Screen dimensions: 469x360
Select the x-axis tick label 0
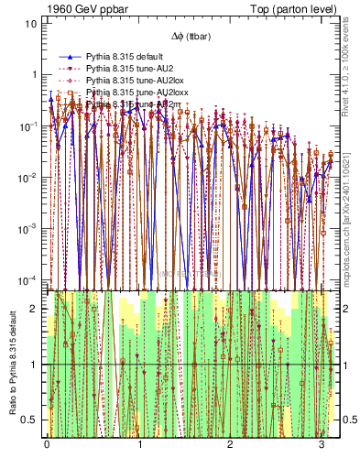point(47,443)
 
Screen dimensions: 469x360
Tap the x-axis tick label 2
point(232,443)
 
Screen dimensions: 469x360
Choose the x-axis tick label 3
point(323,443)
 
